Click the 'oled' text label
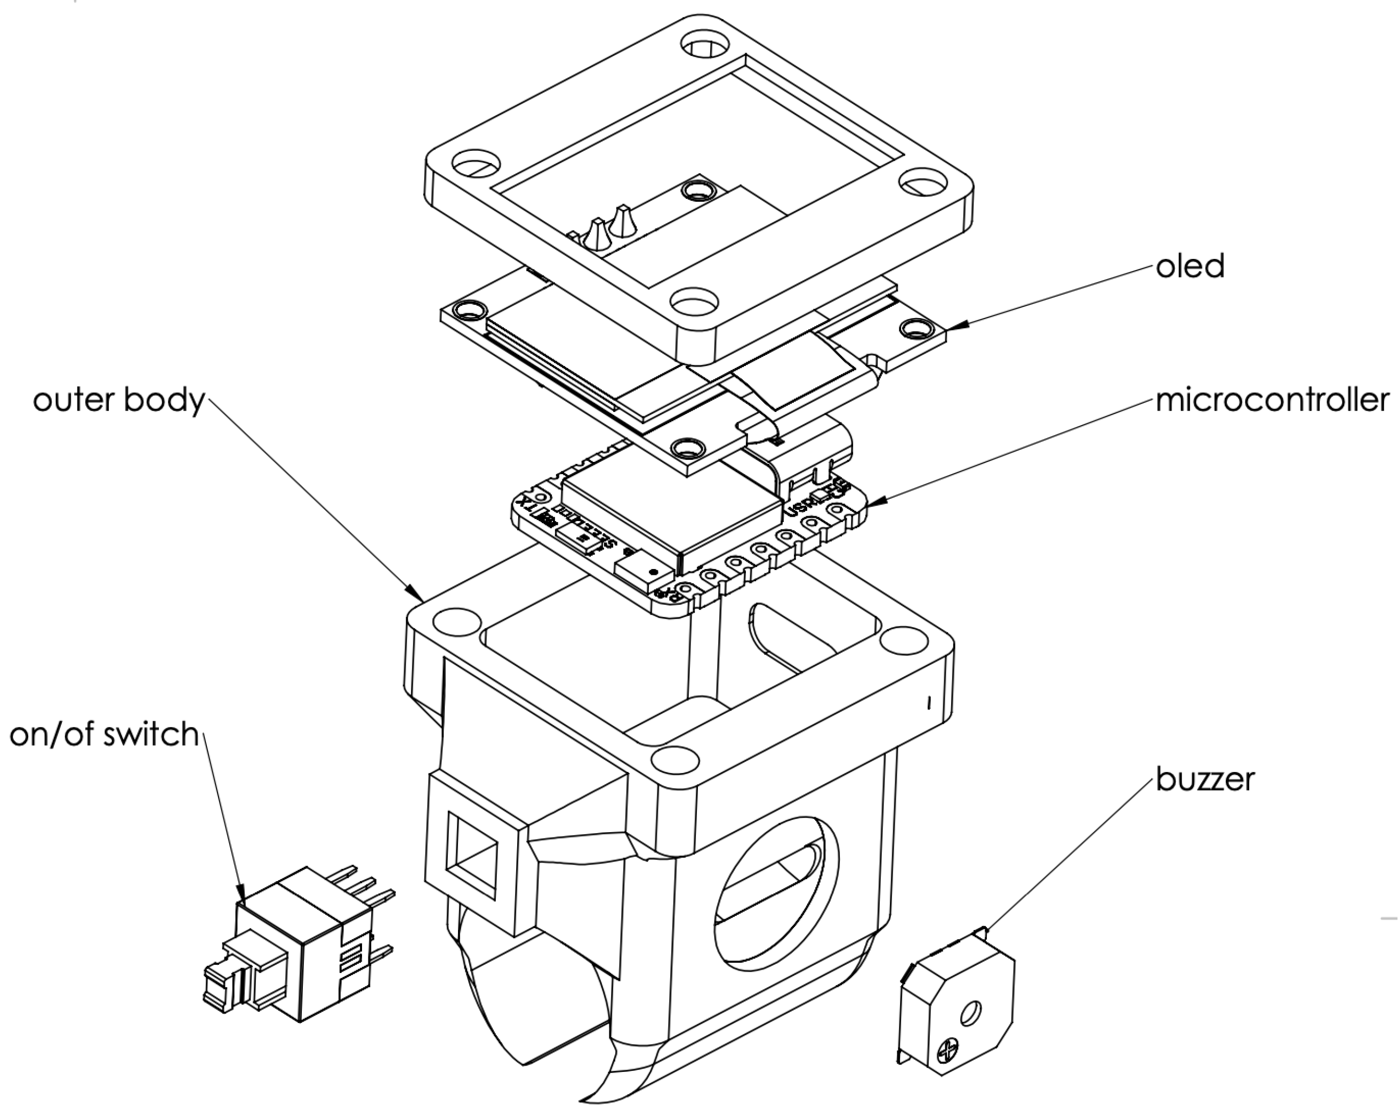click(x=1190, y=266)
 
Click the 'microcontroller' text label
click(x=1272, y=401)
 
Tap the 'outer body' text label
click(x=119, y=400)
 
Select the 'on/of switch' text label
click(x=104, y=734)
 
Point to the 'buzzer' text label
click(x=1205, y=779)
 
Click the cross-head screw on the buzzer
click(x=950, y=1049)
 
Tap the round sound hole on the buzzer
click(x=971, y=1012)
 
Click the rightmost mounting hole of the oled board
click(x=915, y=329)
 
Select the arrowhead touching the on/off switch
click(x=241, y=895)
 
